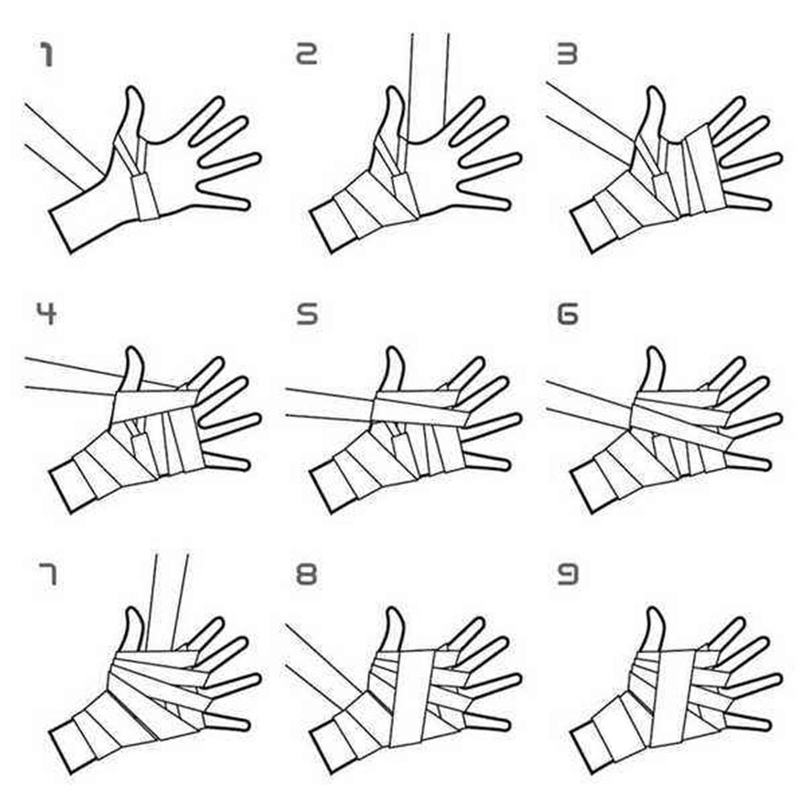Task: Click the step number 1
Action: coord(47,55)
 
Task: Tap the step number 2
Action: coord(307,53)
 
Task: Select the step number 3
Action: coord(567,53)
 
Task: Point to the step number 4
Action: coord(47,313)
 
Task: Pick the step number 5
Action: coord(307,314)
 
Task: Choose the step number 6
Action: coord(567,314)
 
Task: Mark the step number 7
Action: coord(47,574)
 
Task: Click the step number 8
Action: coord(306,574)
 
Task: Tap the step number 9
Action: coord(567,574)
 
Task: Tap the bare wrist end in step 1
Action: coord(60,232)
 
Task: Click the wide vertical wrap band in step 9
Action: coord(672,697)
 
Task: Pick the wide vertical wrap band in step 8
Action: coord(413,697)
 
